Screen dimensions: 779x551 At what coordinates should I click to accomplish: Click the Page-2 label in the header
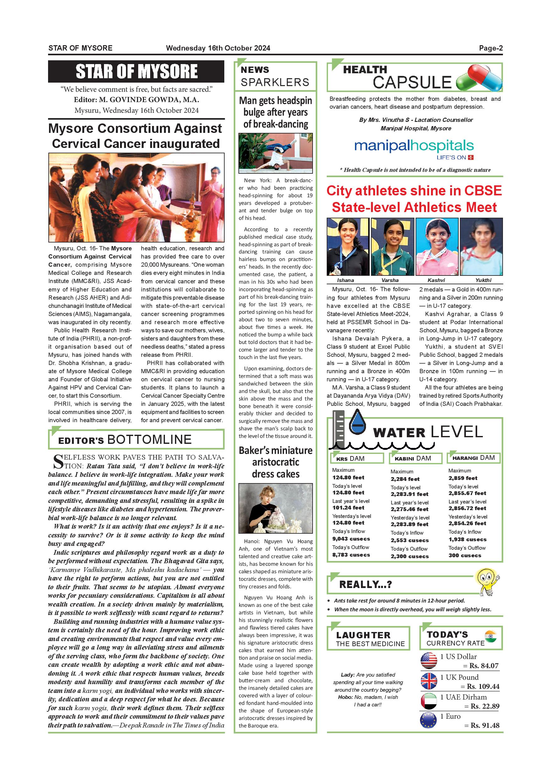tap(491, 48)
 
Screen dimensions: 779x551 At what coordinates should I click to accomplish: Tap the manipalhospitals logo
tap(414, 148)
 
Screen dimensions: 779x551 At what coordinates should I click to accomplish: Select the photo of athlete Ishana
tap(348, 247)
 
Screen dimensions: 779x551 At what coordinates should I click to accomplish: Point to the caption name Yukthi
tap(483, 280)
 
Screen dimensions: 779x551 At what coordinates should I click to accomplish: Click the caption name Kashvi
tap(436, 280)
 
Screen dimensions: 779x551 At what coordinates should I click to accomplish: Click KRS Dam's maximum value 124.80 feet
tap(348, 477)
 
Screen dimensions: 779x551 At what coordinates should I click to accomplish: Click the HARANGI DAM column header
tap(473, 458)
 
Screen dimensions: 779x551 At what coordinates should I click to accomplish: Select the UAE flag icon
tap(429, 701)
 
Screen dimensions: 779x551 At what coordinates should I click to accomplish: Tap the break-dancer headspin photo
tap(275, 153)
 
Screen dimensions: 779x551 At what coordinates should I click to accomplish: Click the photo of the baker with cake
tap(275, 508)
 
